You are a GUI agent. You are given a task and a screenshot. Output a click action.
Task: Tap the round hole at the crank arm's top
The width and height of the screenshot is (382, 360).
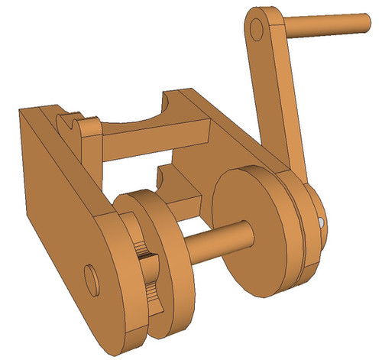pyautogui.click(x=257, y=29)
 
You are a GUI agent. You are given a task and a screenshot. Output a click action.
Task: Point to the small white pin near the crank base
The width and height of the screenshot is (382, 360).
pyautogui.click(x=321, y=222)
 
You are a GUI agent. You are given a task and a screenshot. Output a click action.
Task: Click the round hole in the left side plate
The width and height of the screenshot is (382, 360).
pyautogui.click(x=92, y=279)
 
